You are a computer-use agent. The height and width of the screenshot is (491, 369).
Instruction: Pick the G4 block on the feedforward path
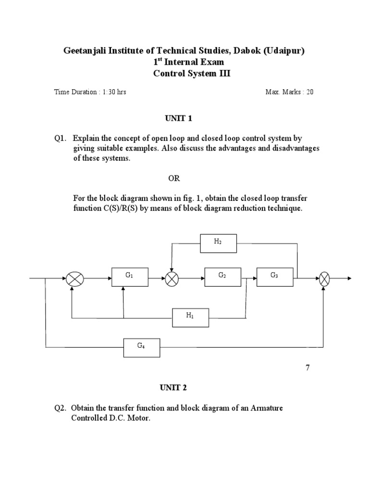tap(142, 347)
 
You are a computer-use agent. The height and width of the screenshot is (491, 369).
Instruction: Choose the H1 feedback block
tap(191, 317)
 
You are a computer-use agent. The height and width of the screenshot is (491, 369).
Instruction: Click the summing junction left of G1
tap(74, 278)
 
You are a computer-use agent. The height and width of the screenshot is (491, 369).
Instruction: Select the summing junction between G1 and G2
tap(172, 278)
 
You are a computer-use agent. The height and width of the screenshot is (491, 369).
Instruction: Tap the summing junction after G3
tap(325, 278)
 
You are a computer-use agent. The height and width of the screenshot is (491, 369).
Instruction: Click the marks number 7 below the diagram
tap(308, 368)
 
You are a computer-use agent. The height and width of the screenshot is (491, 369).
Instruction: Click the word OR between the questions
tap(173, 178)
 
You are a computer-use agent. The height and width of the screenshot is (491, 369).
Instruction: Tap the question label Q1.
tap(60, 139)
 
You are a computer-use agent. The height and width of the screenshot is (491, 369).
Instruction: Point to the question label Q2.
tap(60, 408)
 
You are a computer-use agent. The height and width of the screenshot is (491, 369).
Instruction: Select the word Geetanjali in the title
tap(86, 51)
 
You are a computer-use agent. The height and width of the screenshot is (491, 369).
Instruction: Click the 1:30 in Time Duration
tap(109, 92)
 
